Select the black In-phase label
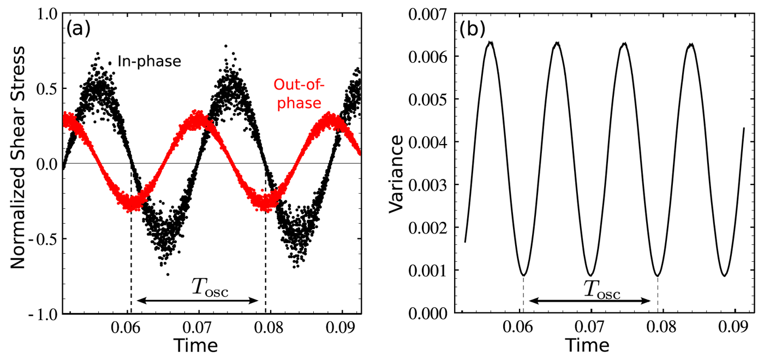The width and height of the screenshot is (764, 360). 148,62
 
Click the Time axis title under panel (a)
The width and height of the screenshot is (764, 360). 196,346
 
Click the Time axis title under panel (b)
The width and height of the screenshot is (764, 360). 587,346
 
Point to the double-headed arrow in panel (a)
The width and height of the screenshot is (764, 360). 198,300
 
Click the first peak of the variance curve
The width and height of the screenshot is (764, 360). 490,42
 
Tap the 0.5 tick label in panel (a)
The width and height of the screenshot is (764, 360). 46,88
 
